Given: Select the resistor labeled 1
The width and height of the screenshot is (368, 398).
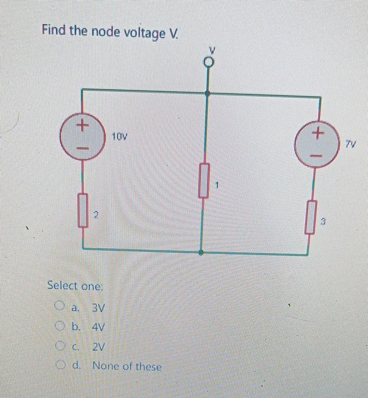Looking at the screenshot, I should (x=204, y=181).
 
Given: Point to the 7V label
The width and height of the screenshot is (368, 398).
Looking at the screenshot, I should (x=351, y=144).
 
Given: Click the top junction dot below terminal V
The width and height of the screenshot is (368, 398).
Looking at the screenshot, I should (x=208, y=94).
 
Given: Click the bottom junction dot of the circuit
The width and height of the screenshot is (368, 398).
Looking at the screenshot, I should (x=201, y=253).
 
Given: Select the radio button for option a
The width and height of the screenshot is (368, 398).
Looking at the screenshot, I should (x=60, y=307).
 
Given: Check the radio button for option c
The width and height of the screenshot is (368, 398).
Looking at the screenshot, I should (x=60, y=346).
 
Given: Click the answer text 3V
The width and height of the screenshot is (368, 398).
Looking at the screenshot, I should (x=98, y=308).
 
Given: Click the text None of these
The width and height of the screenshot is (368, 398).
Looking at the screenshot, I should (x=127, y=366).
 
